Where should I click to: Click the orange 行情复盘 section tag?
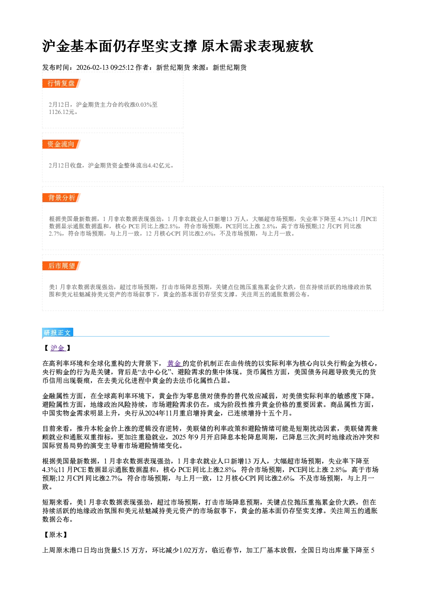(61, 83)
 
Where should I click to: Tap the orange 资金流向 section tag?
(61, 144)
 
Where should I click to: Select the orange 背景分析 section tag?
(61, 198)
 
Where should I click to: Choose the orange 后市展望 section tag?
(61, 266)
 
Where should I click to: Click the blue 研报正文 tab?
(57, 333)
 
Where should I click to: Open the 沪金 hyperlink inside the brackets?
(58, 348)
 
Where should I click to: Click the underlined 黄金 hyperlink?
(174, 364)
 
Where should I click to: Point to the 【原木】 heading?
(55, 535)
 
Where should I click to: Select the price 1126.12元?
(61, 112)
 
